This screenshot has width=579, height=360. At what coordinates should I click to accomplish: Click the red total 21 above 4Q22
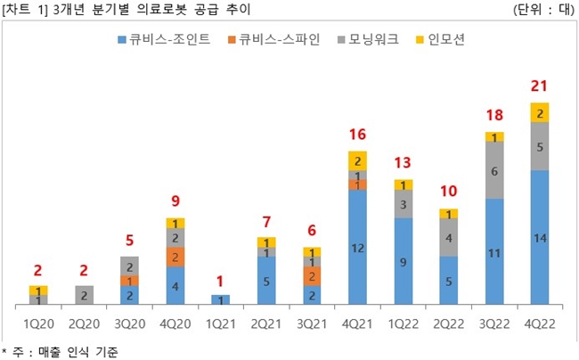(x=539, y=86)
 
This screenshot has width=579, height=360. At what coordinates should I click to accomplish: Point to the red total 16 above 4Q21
(x=357, y=135)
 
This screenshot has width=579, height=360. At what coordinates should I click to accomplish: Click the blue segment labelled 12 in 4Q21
(x=357, y=249)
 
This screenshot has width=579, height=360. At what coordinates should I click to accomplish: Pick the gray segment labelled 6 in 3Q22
(x=493, y=170)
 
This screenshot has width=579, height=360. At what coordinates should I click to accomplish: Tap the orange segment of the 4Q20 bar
(x=175, y=257)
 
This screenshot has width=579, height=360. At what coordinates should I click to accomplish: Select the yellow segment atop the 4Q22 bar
(x=539, y=112)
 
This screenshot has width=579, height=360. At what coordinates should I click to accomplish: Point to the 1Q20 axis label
(x=38, y=322)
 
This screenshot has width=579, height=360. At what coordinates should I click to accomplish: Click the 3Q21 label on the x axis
(x=312, y=322)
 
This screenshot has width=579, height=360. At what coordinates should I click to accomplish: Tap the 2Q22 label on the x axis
(x=448, y=322)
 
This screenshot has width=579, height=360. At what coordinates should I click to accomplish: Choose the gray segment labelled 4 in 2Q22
(x=448, y=238)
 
